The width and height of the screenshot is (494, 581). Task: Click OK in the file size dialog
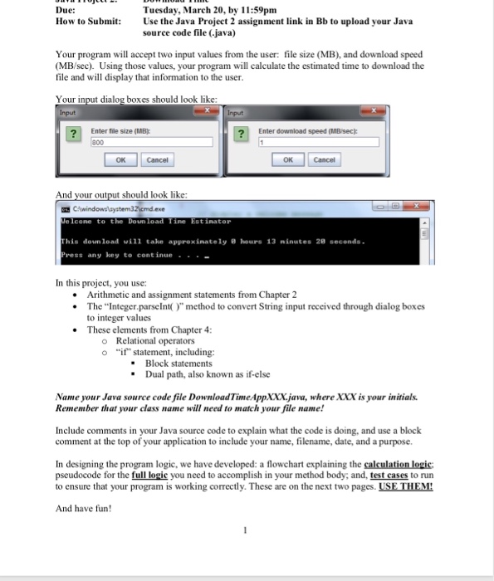pos(121,159)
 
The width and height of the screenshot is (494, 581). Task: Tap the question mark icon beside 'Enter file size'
pos(74,134)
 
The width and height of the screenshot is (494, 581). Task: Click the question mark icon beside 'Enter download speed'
pos(242,134)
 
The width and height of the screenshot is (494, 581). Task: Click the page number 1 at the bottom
pos(247,554)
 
